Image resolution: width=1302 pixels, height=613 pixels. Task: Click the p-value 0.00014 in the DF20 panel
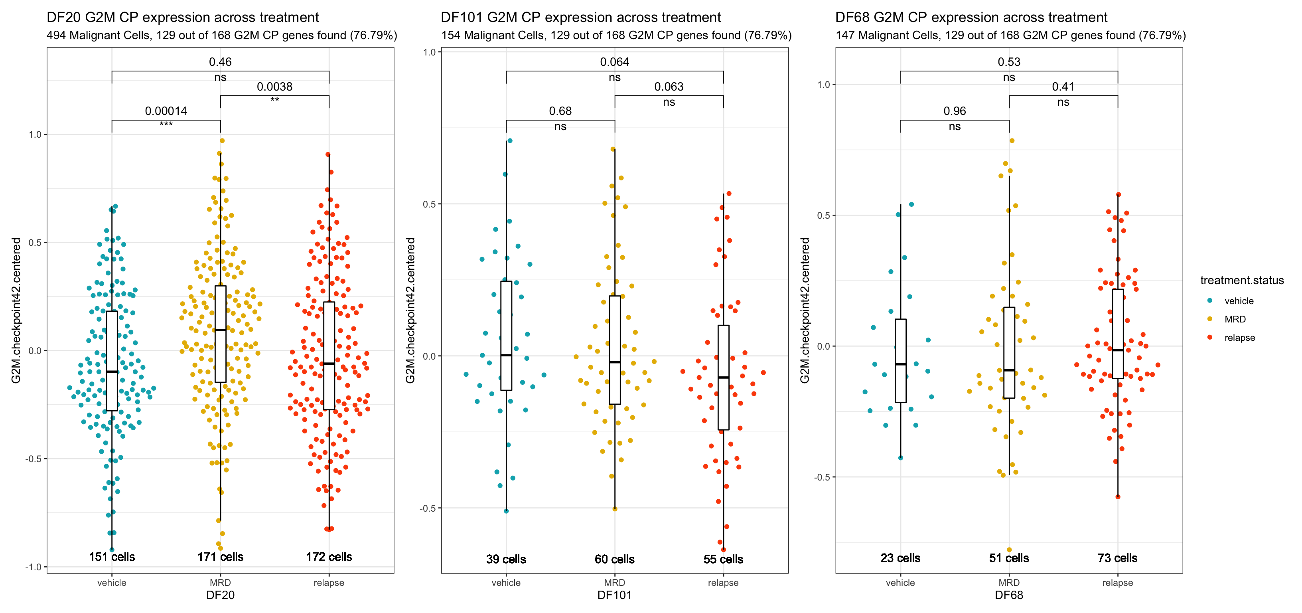[166, 111]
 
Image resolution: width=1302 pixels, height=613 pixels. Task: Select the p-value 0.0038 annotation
[274, 87]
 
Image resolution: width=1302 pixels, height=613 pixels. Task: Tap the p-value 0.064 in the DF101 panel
[614, 62]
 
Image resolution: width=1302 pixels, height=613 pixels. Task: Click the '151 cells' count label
[112, 556]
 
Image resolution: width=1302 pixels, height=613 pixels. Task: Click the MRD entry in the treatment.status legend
[1234, 319]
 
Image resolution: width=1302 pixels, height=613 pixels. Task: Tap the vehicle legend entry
[1238, 301]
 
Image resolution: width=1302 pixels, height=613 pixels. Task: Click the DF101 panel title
[580, 17]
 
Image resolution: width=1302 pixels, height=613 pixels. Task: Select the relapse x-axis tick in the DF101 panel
[723, 583]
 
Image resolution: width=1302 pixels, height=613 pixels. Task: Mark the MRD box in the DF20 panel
[220, 334]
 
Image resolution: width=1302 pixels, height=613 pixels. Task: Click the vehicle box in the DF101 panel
[506, 335]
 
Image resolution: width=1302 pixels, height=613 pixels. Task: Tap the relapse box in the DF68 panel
[1118, 334]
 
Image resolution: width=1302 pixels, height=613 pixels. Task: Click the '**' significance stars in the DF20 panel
[274, 100]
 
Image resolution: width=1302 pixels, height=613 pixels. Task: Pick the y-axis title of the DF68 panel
[805, 310]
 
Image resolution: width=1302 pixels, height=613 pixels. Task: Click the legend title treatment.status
[1241, 280]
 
